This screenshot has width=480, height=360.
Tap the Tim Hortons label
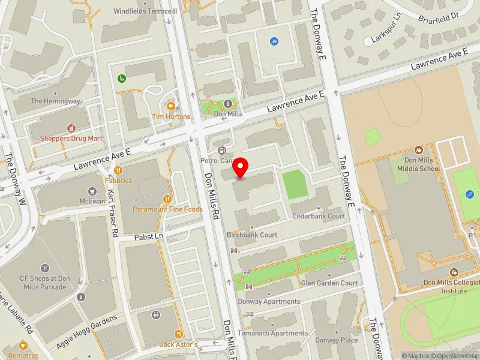[x=171, y=116]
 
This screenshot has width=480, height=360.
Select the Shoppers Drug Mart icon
[x=71, y=128]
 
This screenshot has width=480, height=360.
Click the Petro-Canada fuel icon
[x=223, y=150]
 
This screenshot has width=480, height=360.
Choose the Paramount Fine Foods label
[x=167, y=209]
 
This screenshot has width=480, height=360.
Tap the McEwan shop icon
[x=92, y=191]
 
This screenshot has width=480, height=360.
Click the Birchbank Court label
[x=252, y=235]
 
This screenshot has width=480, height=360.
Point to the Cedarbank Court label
[x=318, y=216]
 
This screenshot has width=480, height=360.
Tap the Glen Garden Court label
[x=329, y=283]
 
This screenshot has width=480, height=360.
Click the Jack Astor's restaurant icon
[x=179, y=334]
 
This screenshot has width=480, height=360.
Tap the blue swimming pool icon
[x=274, y=41]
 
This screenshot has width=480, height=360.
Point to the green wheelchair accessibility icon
[x=122, y=78]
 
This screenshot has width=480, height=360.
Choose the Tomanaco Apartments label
[x=272, y=334]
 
